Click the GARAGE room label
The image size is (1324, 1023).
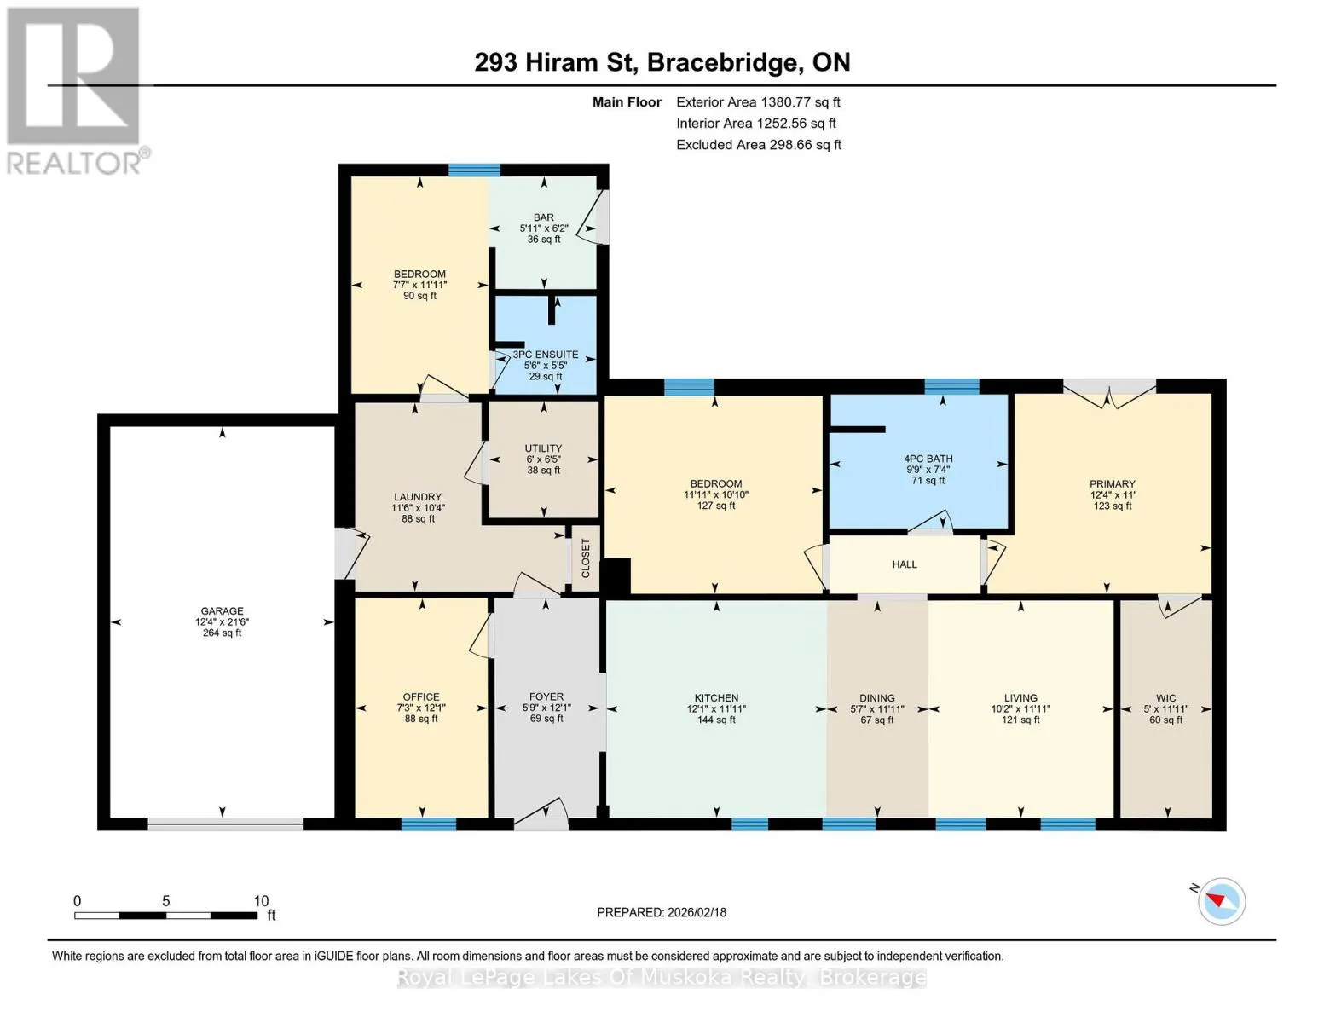click(x=222, y=610)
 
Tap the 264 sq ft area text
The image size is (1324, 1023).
click(x=222, y=633)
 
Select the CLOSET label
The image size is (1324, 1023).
click(x=586, y=558)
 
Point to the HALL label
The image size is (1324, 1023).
click(x=905, y=564)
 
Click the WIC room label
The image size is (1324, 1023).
click(x=1165, y=697)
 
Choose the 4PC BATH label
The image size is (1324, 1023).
click(x=928, y=459)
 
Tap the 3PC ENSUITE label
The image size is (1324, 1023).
click(x=546, y=354)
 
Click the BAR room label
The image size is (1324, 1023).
click(x=543, y=217)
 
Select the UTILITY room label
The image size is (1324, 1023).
click(x=543, y=448)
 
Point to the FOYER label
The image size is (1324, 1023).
click(x=546, y=696)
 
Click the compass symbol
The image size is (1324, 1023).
click(x=1221, y=901)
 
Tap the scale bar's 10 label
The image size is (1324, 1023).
click(x=261, y=900)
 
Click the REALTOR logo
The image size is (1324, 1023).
click(x=77, y=90)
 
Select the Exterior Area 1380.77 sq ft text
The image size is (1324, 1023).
click(x=758, y=102)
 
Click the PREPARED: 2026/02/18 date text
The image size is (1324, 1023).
click(x=662, y=912)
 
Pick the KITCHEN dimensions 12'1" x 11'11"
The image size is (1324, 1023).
click(x=716, y=708)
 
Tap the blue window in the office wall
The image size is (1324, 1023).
click(x=428, y=824)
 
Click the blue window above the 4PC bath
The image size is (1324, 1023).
click(x=951, y=386)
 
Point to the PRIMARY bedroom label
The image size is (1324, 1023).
click(x=1113, y=483)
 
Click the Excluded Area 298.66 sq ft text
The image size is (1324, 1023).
click(x=759, y=145)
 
